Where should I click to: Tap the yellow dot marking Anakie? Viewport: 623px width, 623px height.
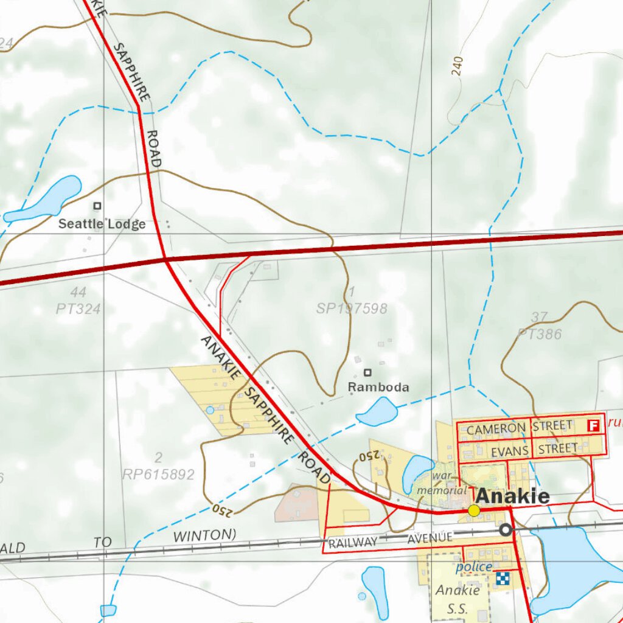[474, 510]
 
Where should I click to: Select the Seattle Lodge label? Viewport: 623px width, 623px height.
[102, 224]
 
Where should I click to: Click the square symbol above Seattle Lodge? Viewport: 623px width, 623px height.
[97, 206]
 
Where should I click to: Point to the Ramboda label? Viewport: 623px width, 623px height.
[378, 387]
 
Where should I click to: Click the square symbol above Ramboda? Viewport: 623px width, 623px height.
[367, 372]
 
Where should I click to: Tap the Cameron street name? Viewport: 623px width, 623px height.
[496, 428]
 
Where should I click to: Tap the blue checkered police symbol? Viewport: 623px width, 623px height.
[503, 579]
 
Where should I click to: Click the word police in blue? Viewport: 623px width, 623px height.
[474, 567]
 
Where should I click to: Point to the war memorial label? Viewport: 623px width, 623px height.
[442, 483]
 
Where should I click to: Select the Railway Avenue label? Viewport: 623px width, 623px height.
[390, 540]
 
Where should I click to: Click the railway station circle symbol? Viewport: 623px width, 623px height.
[505, 531]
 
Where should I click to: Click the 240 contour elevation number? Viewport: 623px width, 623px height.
[458, 66]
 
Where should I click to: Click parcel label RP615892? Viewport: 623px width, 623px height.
[158, 474]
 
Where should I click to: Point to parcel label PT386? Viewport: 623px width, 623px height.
[539, 334]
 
